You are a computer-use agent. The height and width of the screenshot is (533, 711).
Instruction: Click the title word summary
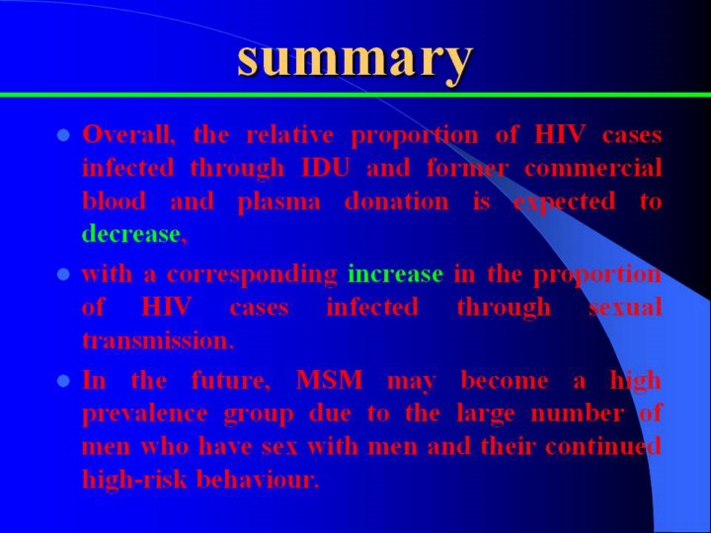tap(355, 61)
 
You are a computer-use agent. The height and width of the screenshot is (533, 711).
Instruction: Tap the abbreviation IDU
tap(326, 168)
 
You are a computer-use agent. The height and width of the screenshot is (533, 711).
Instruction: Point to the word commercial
tap(592, 168)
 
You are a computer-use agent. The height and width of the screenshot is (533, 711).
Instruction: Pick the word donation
tap(397, 200)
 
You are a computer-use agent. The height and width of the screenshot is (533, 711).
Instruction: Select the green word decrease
tap(131, 234)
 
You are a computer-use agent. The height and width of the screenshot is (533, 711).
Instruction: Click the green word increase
tap(395, 273)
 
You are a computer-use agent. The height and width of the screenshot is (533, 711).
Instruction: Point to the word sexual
tap(625, 307)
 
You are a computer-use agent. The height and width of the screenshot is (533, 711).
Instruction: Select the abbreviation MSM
tap(329, 380)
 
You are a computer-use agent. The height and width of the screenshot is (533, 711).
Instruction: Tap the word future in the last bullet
tap(228, 380)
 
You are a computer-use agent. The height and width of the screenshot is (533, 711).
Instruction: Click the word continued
tap(603, 446)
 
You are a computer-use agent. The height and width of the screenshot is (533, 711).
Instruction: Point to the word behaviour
tap(256, 479)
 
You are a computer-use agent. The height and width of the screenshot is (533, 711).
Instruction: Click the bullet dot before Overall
tap(63, 135)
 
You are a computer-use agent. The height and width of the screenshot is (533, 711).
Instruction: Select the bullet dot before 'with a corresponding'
tap(63, 274)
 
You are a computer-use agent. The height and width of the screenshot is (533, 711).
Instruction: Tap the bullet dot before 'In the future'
tap(63, 381)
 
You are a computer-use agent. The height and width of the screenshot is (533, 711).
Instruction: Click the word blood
tap(114, 200)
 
